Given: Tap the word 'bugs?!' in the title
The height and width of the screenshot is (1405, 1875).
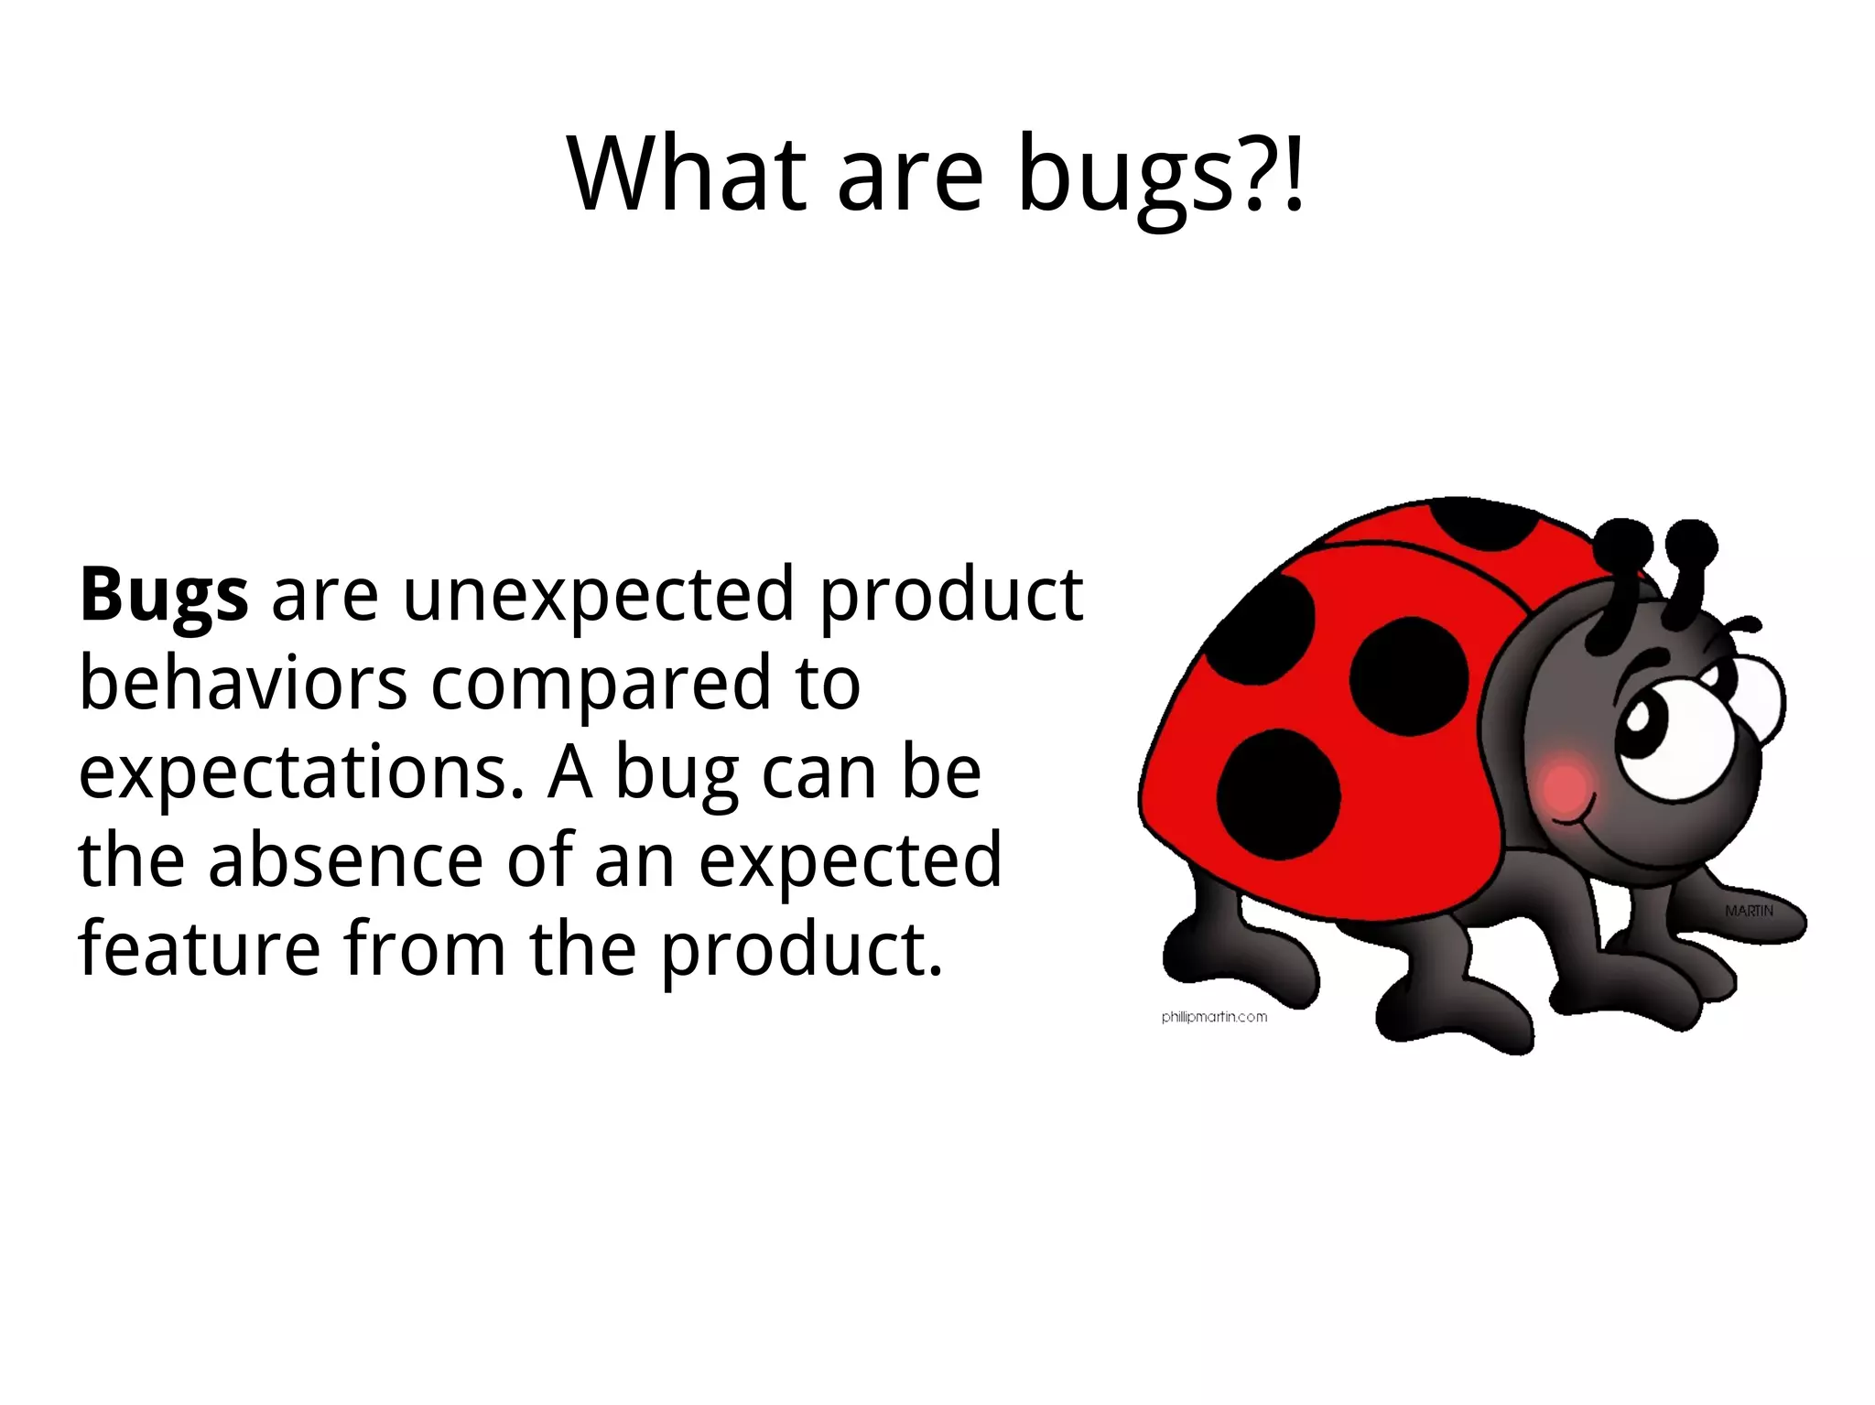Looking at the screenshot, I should [x=1160, y=175].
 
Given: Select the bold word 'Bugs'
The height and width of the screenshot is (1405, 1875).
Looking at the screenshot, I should [x=163, y=596].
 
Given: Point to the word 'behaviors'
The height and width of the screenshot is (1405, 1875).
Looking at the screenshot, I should [x=243, y=684].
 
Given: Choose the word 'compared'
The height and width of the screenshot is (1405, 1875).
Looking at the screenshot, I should [x=601, y=686].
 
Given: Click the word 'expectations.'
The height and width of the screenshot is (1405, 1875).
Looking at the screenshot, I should [x=301, y=773].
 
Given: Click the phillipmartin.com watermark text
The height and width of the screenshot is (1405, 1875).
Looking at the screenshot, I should [x=1214, y=1016].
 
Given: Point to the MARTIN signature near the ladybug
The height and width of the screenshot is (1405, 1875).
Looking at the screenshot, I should [x=1749, y=911].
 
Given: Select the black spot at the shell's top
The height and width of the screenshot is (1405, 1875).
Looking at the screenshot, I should [x=1483, y=524].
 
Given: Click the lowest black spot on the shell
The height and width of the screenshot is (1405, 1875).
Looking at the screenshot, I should [x=1278, y=794].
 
